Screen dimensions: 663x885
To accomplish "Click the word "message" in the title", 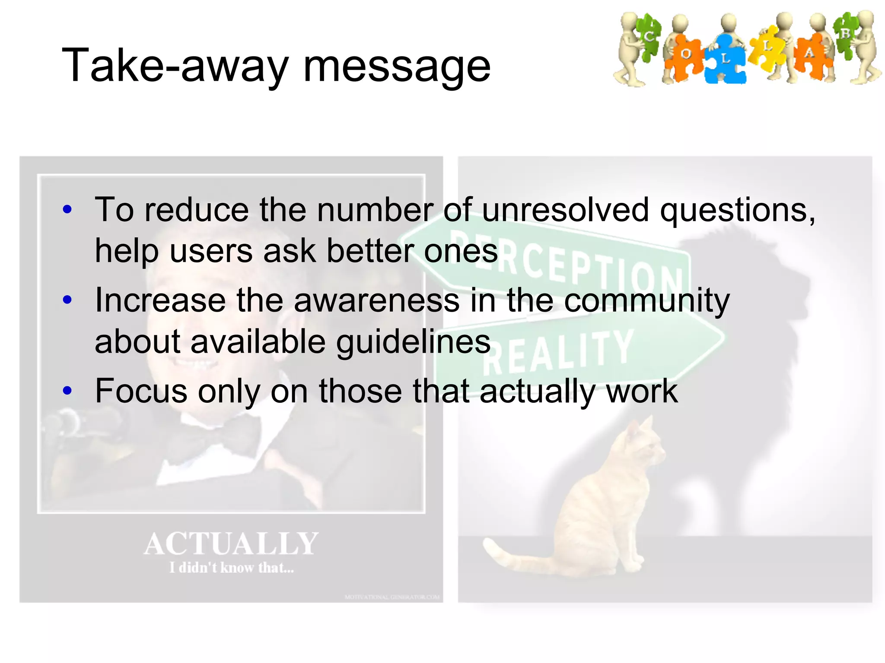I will coord(397,66).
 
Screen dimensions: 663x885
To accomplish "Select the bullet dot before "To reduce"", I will coord(67,210).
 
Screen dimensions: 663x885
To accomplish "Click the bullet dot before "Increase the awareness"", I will coord(67,300).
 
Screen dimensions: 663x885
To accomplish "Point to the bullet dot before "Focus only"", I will coord(67,391).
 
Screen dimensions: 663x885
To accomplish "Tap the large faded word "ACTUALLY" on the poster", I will coord(231,544).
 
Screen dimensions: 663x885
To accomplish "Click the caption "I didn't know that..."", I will coord(231,568).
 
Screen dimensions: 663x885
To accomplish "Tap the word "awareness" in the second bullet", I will coord(376,300).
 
